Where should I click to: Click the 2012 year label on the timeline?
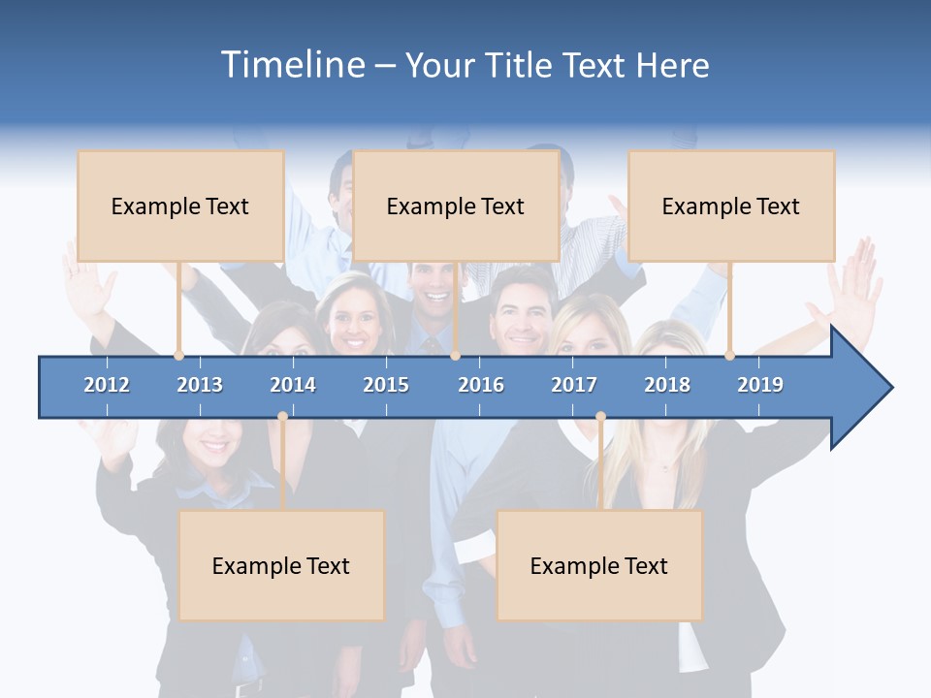point(107,385)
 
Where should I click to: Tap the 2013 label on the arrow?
point(200,385)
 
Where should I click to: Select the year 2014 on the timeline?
point(293,385)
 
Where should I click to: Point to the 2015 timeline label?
point(386,385)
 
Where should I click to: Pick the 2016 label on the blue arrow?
point(481,385)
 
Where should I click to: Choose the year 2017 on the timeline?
point(574,385)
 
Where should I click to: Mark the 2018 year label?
point(667,385)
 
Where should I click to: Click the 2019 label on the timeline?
point(760,385)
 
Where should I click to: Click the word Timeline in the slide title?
point(292,65)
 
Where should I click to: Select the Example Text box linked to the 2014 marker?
point(281,565)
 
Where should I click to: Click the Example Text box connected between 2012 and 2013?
point(180,206)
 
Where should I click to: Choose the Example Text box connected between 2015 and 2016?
point(456,206)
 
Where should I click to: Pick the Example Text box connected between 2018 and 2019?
point(731,206)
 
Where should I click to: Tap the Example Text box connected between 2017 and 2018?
point(599,565)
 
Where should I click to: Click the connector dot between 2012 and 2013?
point(178,356)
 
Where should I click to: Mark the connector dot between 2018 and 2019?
point(729,356)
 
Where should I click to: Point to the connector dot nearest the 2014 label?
point(282,417)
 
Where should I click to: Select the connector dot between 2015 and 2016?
point(455,356)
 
